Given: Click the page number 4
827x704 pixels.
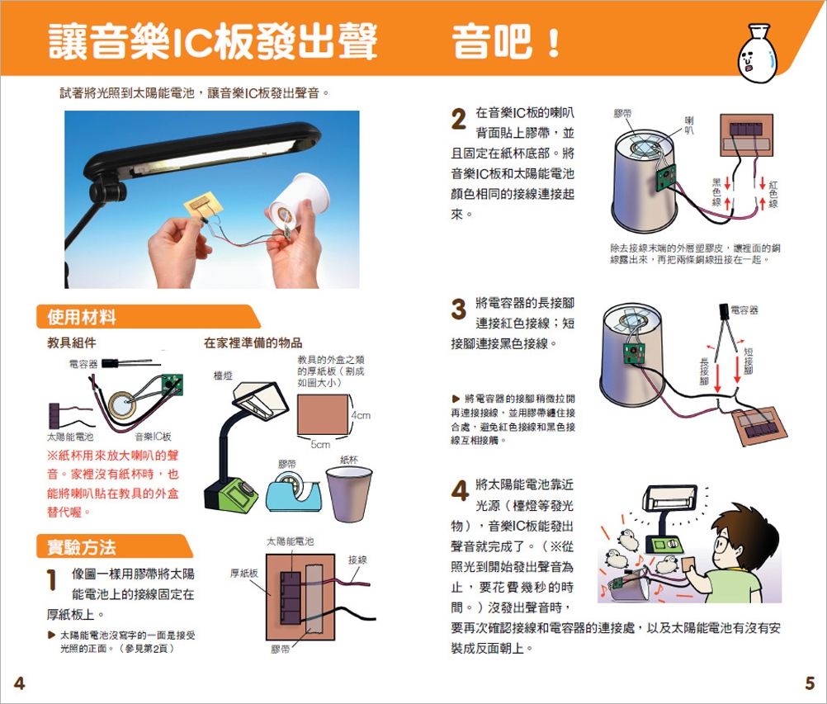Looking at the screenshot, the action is click(19, 683).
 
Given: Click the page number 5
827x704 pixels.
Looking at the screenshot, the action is click(810, 683).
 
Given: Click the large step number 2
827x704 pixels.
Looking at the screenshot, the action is click(459, 119).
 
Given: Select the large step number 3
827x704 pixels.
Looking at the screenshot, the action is click(459, 309).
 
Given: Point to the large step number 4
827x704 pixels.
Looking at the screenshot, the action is click(460, 490).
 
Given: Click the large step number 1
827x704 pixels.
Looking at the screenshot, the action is click(52, 579).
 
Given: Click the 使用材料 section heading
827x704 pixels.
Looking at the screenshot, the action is click(82, 318).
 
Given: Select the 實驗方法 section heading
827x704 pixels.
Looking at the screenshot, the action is click(82, 547).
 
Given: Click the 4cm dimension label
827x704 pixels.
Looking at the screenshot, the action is click(361, 415).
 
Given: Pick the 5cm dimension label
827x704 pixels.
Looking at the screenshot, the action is click(321, 445).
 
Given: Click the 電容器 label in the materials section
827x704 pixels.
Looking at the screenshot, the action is click(83, 364).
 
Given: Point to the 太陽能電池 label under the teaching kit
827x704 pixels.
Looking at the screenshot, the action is click(70, 437).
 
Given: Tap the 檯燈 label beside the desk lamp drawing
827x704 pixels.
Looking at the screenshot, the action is click(223, 376).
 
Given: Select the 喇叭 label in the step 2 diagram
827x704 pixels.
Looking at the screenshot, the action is click(689, 125).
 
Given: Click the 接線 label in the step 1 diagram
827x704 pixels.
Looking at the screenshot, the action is click(357, 560).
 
